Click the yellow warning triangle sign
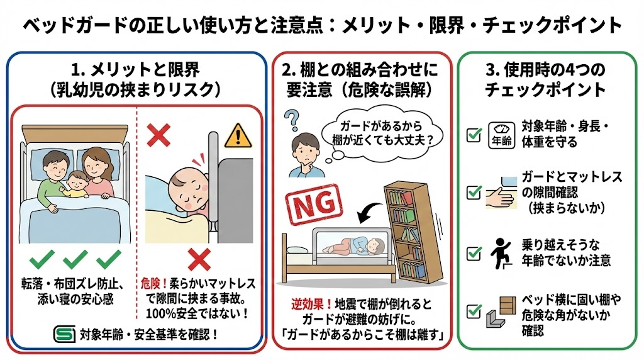pyautogui.click(x=238, y=135)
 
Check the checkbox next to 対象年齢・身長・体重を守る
pyautogui.click(x=474, y=134)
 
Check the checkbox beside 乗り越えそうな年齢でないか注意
pyautogui.click(x=474, y=253)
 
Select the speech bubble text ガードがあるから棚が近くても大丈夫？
pyautogui.click(x=381, y=132)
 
